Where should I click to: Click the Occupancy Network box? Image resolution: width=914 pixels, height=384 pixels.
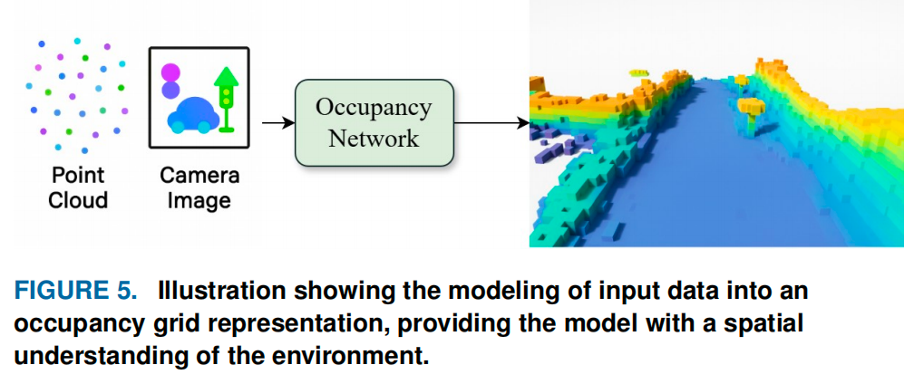click(374, 123)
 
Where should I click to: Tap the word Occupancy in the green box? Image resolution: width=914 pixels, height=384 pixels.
click(374, 108)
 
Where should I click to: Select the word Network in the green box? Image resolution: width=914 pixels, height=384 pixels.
click(374, 139)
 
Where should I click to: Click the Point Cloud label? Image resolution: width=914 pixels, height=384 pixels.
click(78, 187)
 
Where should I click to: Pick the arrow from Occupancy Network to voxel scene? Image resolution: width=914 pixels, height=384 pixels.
click(491, 122)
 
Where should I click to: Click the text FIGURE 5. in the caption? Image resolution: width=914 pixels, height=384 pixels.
click(76, 292)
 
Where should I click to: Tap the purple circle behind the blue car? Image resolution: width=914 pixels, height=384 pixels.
click(170, 90)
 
